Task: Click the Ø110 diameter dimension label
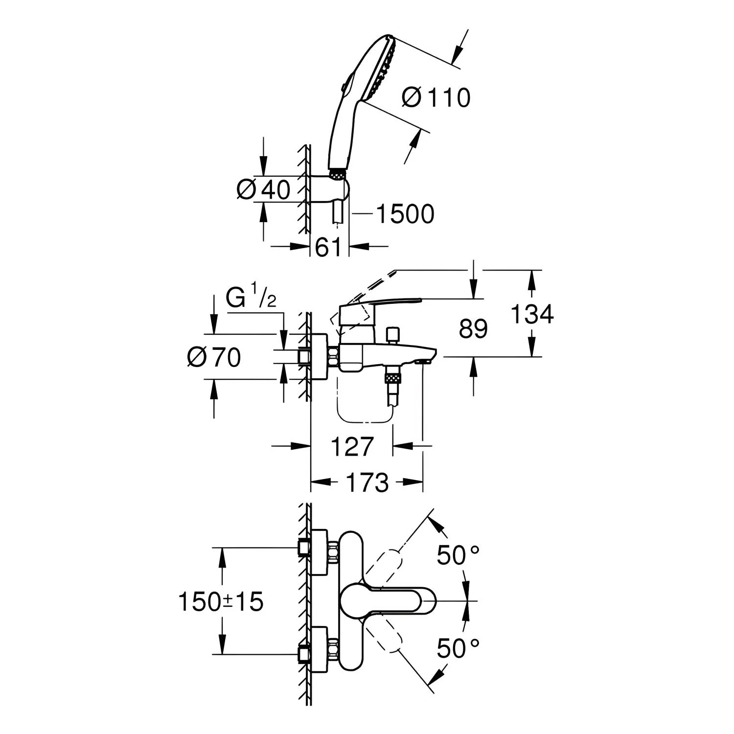tap(436, 97)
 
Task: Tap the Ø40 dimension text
tap(263, 189)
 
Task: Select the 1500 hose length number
tap(405, 214)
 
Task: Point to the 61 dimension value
tap(328, 248)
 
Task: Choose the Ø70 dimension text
tap(214, 357)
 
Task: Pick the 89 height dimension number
tap(473, 329)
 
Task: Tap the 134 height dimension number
tap(532, 314)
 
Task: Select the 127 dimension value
tap(352, 446)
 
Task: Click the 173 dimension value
tap(367, 482)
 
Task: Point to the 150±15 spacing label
tap(221, 601)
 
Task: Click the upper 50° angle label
tap(458, 555)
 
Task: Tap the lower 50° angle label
tap(458, 648)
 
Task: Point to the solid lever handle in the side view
tap(379, 303)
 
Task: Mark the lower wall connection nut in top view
tap(304, 654)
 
